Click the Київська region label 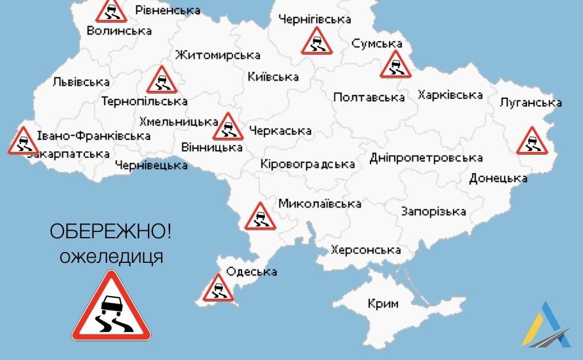pos(273,77)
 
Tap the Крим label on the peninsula pos(383,303)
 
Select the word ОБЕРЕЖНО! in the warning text pos(110,233)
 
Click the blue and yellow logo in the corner pos(545,325)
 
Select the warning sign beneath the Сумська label pos(395,65)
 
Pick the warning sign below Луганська pos(532,142)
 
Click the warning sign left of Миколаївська pos(260,217)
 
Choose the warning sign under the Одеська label pos(218,288)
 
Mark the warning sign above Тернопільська pos(162,81)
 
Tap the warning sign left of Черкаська pos(228,127)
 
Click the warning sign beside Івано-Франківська pos(23,141)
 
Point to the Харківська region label pos(450,95)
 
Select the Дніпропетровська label pos(425,158)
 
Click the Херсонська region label pos(365,250)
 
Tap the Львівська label pos(81,82)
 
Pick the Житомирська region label pos(218,55)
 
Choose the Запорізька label pos(433,211)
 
